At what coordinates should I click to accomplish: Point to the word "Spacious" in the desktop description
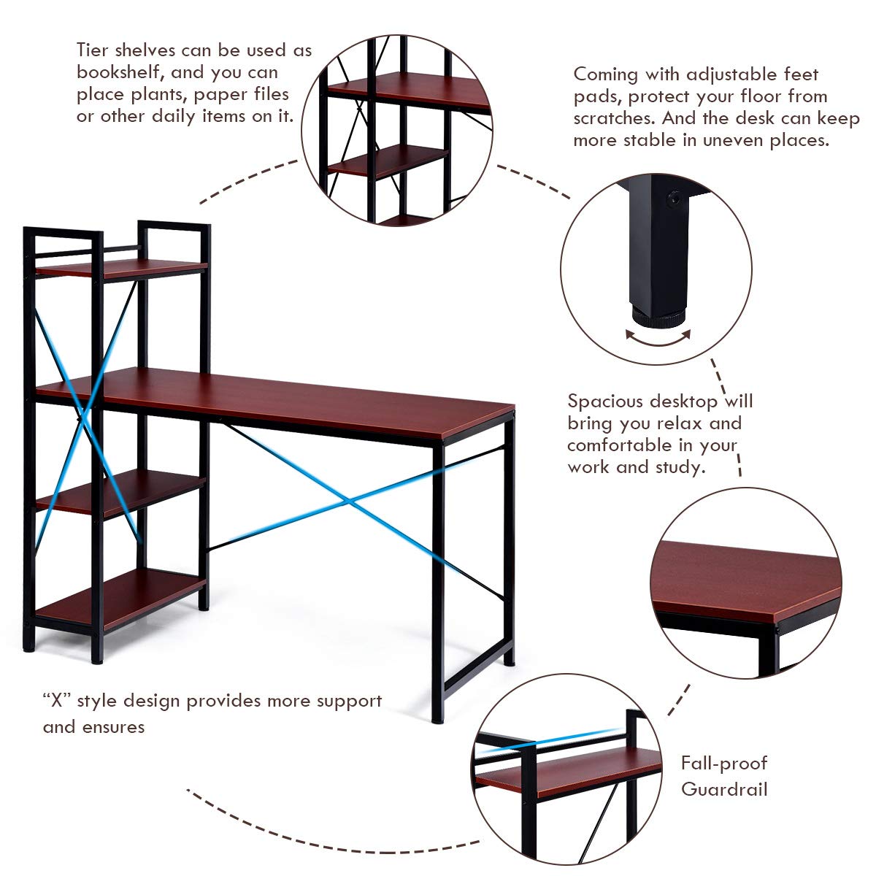pyautogui.click(x=606, y=401)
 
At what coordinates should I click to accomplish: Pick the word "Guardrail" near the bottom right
pyautogui.click(x=724, y=789)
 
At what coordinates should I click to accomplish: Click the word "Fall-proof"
pyautogui.click(x=724, y=764)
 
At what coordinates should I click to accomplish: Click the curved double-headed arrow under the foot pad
pyautogui.click(x=658, y=338)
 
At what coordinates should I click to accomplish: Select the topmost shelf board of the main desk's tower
pyautogui.click(x=120, y=269)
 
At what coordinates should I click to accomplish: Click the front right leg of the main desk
pyautogui.click(x=437, y=584)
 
